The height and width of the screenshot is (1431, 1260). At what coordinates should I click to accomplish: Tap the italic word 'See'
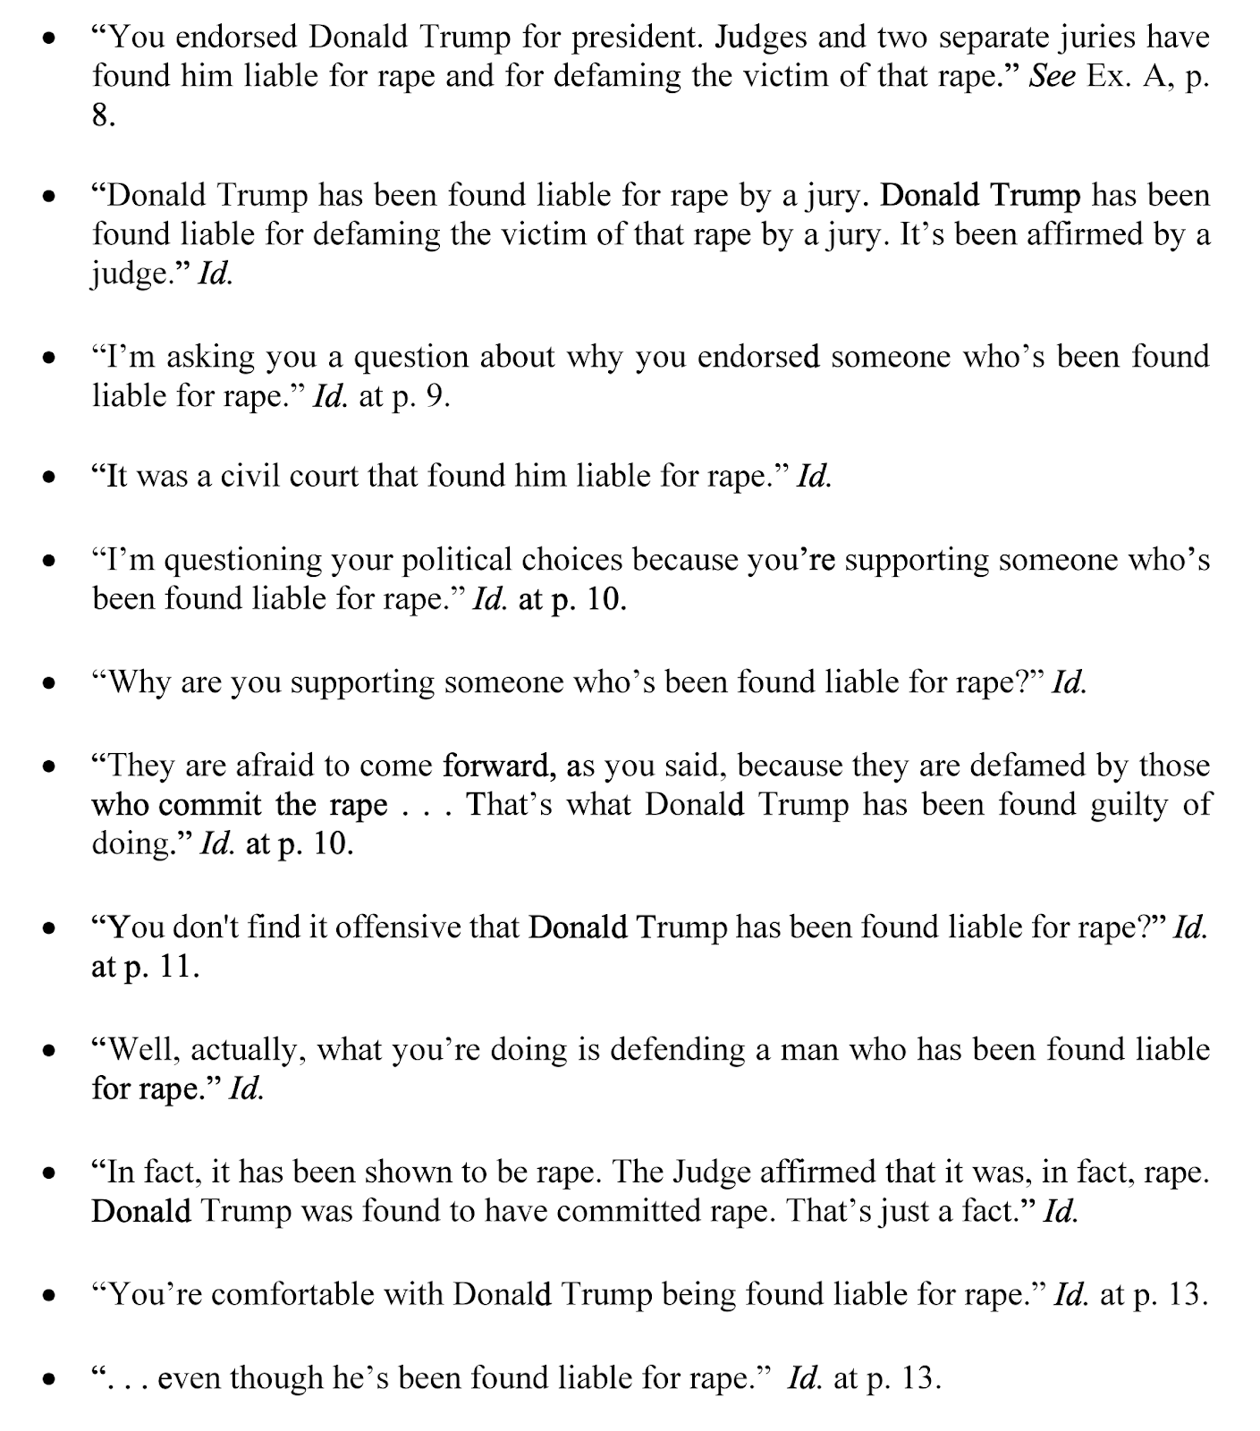point(1052,76)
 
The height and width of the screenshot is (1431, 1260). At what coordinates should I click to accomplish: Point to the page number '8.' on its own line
point(104,115)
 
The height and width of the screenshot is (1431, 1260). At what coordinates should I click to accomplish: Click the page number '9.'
point(436,395)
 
